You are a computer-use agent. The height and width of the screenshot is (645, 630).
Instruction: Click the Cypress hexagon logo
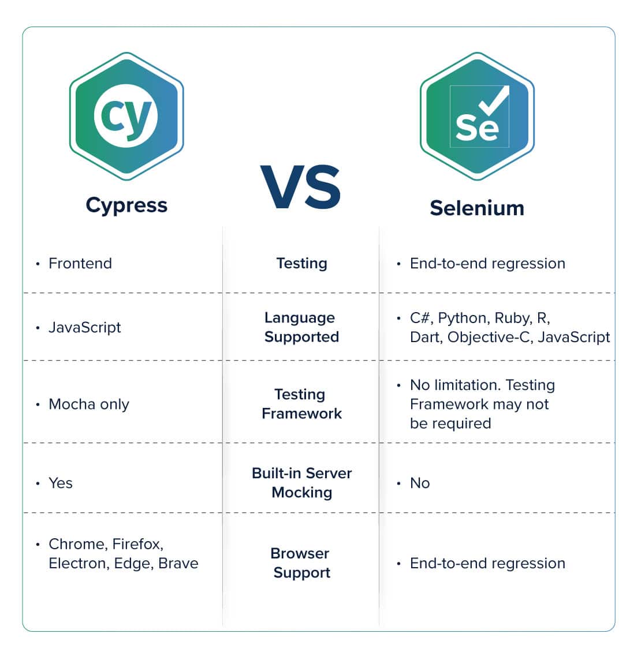(x=126, y=117)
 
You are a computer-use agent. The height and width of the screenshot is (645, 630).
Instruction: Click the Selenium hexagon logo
(x=477, y=117)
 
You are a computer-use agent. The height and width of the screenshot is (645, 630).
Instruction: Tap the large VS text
(x=301, y=187)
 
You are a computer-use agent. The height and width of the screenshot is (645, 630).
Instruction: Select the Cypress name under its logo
(x=126, y=205)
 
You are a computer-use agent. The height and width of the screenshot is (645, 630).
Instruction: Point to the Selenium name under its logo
(x=477, y=208)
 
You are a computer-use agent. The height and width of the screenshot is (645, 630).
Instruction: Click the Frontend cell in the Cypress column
(x=80, y=263)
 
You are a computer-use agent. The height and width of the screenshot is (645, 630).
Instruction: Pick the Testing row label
(x=302, y=264)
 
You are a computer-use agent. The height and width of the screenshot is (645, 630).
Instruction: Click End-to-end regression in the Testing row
(x=487, y=264)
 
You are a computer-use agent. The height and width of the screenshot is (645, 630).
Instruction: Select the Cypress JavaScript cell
(x=85, y=328)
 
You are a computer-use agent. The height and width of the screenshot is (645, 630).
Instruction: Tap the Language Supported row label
(x=302, y=328)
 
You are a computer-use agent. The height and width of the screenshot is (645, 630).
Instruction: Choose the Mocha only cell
(x=89, y=404)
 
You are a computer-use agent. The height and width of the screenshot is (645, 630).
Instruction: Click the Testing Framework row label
(x=302, y=404)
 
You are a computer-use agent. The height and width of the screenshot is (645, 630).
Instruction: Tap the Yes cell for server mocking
(x=61, y=483)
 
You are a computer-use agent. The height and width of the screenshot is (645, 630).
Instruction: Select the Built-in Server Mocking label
(x=302, y=483)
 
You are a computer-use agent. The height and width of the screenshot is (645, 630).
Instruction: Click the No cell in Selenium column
(x=420, y=483)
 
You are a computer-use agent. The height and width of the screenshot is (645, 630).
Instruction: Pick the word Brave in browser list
(x=178, y=563)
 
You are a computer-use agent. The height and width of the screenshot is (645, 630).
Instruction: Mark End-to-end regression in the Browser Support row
(x=487, y=564)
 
